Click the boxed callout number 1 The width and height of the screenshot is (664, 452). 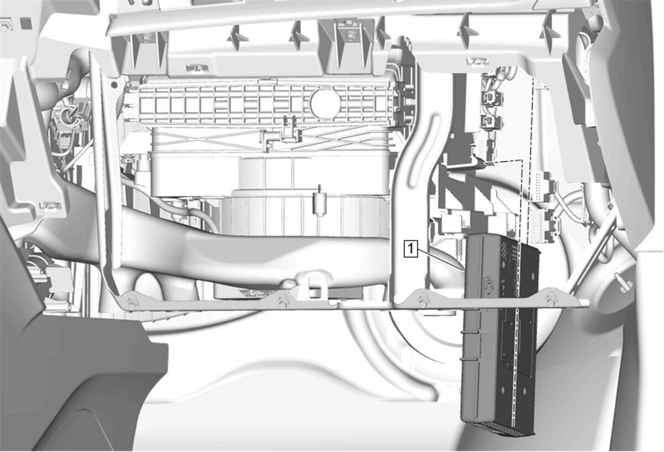coord(411,248)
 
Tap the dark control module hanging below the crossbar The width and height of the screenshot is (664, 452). coord(500,335)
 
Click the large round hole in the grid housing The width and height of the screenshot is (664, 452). coord(325,103)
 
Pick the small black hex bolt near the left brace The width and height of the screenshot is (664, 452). coord(114,85)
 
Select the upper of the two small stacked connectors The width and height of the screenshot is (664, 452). coord(491,97)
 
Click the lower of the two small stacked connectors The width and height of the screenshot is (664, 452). coord(491,122)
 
